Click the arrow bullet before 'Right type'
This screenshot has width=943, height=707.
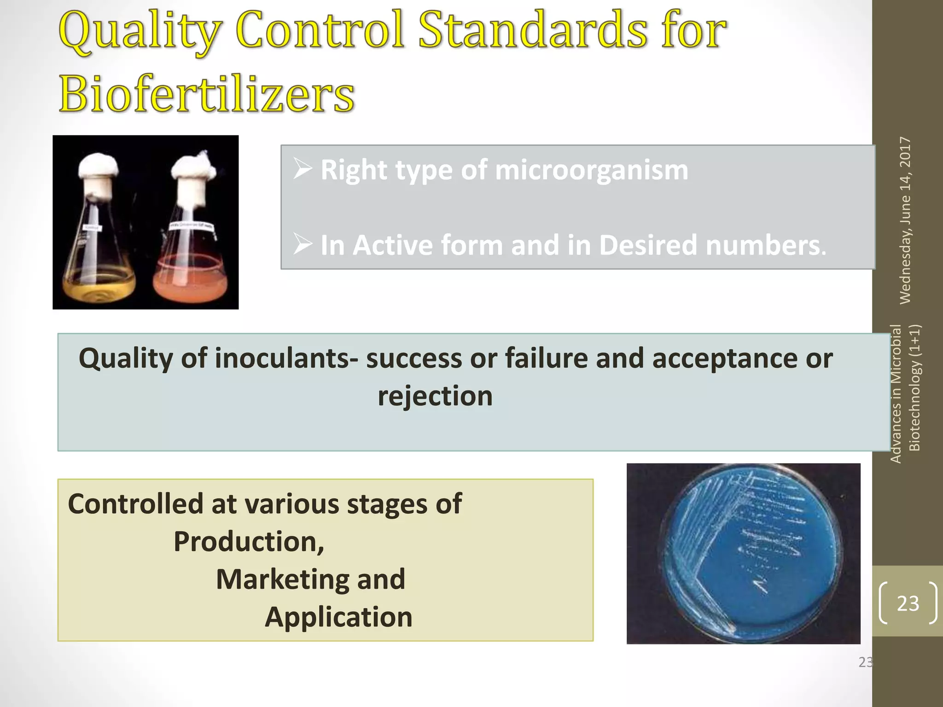[303, 170]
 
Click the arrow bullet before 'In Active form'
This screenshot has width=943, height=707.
[303, 244]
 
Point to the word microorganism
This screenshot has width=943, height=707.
[591, 170]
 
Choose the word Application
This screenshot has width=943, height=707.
[338, 617]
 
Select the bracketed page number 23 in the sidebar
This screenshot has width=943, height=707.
[908, 603]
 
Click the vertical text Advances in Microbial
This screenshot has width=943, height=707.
[896, 394]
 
